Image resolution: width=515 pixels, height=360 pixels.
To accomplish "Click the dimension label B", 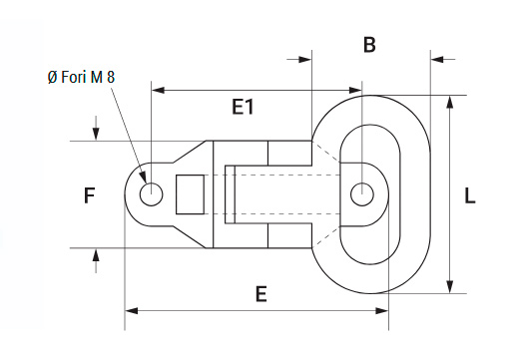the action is pos(369,45).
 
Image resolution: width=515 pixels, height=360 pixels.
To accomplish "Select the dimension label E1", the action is pos(243,107).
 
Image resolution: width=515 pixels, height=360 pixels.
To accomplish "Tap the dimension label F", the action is pos(90,195).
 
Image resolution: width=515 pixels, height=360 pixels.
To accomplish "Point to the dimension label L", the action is pos(469,195).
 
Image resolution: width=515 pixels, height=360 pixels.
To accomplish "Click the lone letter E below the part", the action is pos(261,294).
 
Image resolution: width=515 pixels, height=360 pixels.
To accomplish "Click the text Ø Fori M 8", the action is pos(81,77).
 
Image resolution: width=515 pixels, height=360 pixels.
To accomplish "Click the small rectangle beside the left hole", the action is pos(190,194).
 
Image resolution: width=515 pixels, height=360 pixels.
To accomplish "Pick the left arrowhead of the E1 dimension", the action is pos(158,90).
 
